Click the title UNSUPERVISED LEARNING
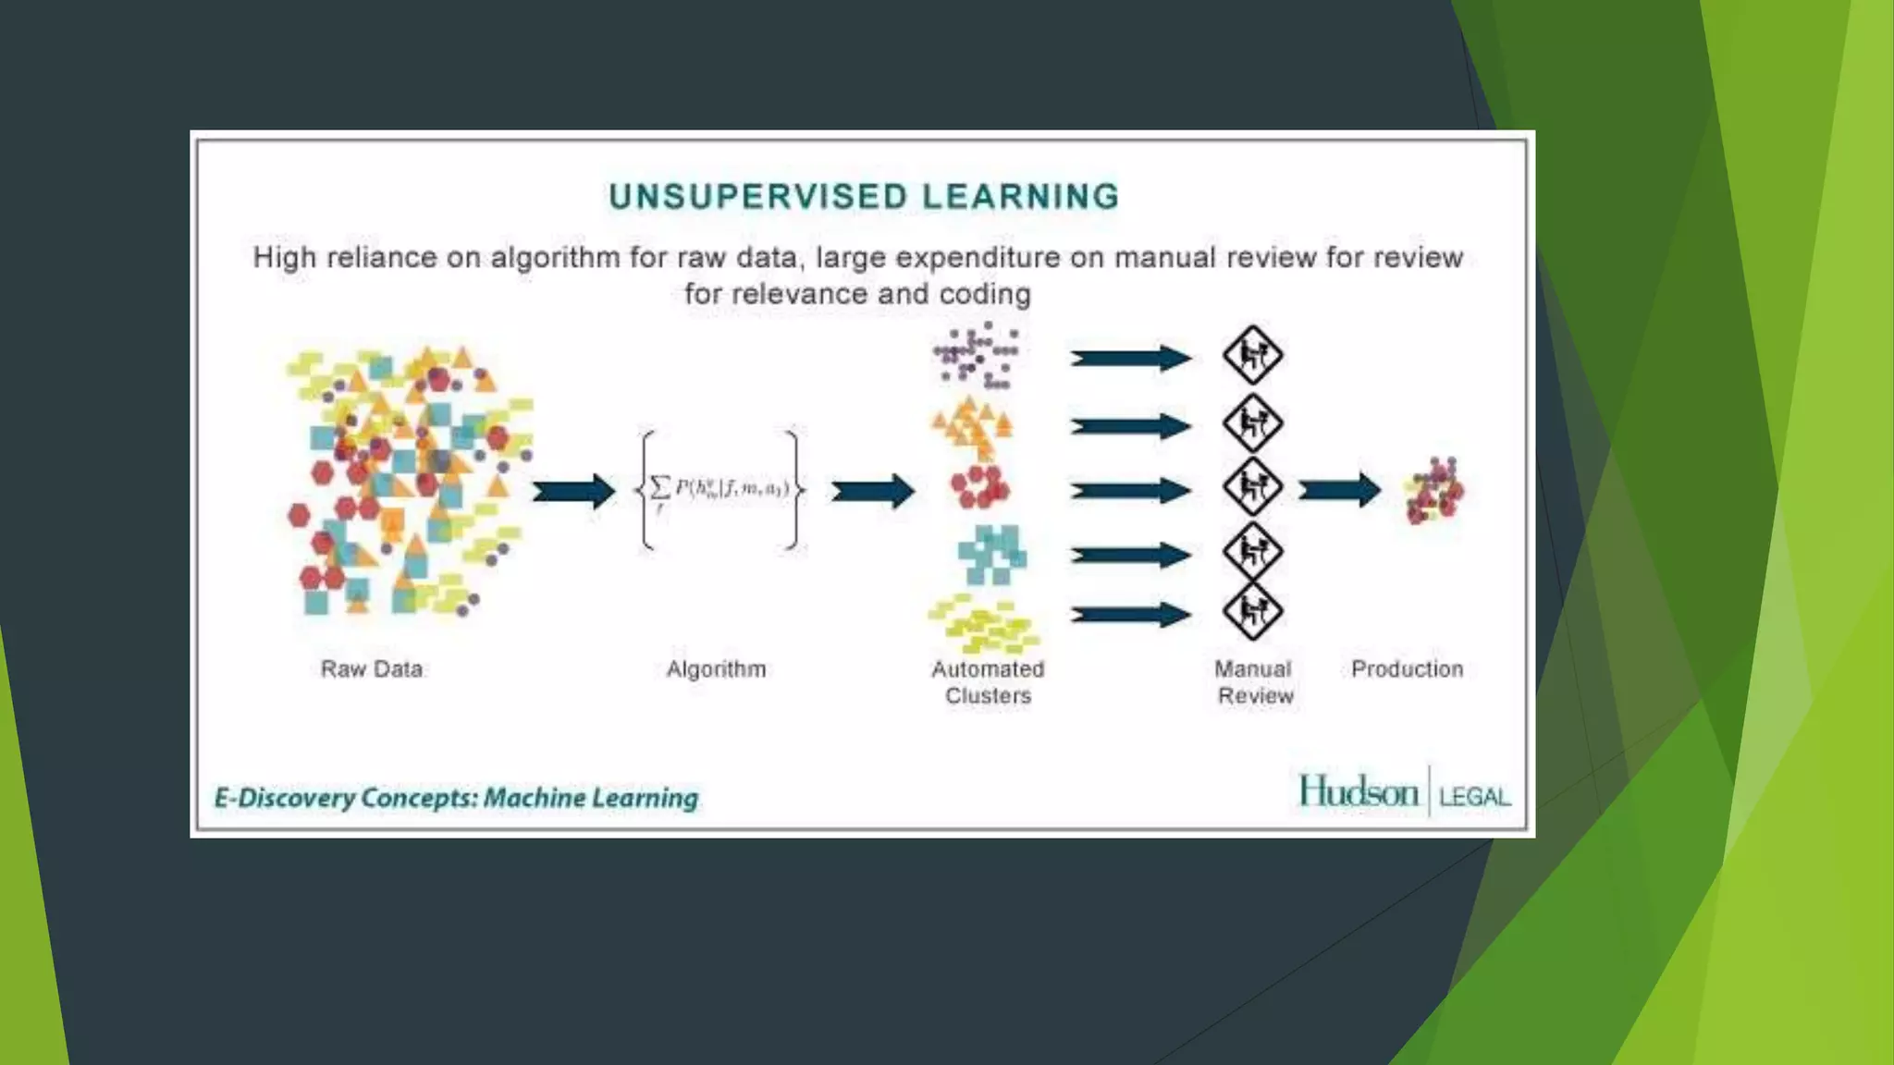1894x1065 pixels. pos(864,197)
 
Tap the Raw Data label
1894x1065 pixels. pos(372,668)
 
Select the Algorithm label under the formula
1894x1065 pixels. pos(716,668)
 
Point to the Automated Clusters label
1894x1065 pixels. pos(988,682)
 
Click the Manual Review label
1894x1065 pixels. pos(1254,682)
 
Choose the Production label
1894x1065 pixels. pos(1407,668)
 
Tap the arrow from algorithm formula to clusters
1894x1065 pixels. pos(872,491)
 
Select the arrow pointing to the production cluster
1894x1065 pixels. pos(1339,490)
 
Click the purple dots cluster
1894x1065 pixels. pos(977,356)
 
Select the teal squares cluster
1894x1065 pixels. pos(991,554)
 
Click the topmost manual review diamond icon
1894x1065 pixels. pos(1252,355)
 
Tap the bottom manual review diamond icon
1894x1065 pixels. pos(1252,611)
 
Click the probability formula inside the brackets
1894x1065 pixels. pos(720,489)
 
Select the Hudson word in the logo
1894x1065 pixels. pos(1358,792)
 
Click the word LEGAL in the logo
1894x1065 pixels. pos(1474,797)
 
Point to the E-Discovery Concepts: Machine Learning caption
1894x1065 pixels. pos(456,798)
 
